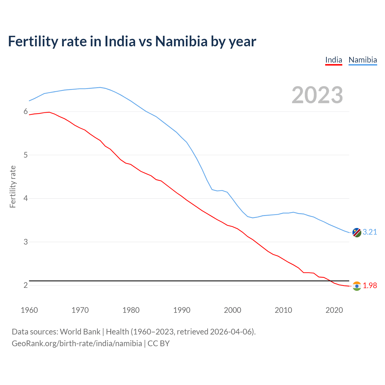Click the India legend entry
point(334,60)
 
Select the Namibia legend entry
point(362,60)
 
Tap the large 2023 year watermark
point(317,95)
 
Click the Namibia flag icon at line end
point(356,233)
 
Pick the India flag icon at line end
point(356,286)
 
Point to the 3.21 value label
point(370,232)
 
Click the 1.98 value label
point(370,285)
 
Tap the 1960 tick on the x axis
point(29,310)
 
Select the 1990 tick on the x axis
point(182,310)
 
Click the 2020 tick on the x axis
point(334,310)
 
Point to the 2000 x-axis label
point(233,310)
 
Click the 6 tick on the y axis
point(26,112)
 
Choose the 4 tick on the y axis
point(26,199)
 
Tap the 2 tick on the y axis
point(26,285)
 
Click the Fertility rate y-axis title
point(13,186)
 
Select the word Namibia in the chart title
point(181,41)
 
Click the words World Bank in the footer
point(80,332)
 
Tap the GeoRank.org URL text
point(77,343)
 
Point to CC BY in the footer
point(159,343)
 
